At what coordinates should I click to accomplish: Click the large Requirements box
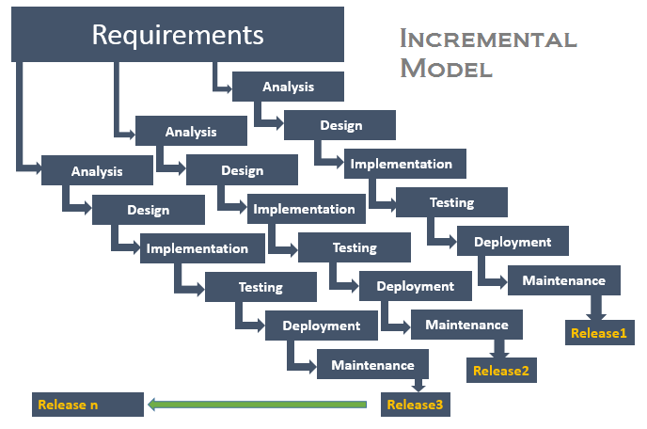pyautogui.click(x=177, y=37)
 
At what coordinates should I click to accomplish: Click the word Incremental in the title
pyautogui.click(x=487, y=39)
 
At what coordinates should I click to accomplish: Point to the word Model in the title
pyautogui.click(x=446, y=69)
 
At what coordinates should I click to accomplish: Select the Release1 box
pyautogui.click(x=598, y=332)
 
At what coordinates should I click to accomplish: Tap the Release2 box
pyautogui.click(x=500, y=370)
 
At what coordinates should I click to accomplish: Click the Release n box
pyautogui.click(x=87, y=405)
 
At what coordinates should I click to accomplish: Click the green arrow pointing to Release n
pyautogui.click(x=257, y=405)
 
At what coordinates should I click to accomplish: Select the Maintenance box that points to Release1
pyautogui.click(x=563, y=280)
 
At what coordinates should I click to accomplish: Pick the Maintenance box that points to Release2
pyautogui.click(x=466, y=325)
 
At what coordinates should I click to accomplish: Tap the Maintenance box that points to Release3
pyautogui.click(x=372, y=365)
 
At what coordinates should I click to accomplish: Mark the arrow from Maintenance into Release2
pyautogui.click(x=499, y=347)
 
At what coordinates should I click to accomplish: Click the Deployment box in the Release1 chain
pyautogui.click(x=513, y=242)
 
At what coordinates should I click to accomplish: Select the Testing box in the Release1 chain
pyautogui.click(x=451, y=202)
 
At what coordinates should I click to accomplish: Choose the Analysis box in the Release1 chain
pyautogui.click(x=288, y=87)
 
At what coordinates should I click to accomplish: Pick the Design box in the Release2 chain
pyautogui.click(x=242, y=170)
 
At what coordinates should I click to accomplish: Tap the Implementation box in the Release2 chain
pyautogui.click(x=304, y=209)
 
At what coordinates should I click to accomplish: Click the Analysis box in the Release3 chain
pyautogui.click(x=97, y=171)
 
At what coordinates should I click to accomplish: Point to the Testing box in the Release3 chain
pyautogui.click(x=260, y=287)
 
